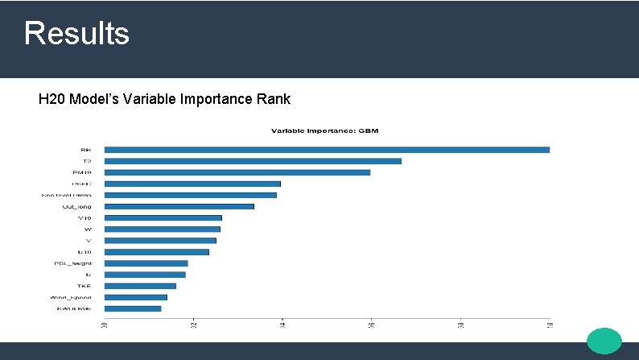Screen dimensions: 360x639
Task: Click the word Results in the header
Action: [76, 34]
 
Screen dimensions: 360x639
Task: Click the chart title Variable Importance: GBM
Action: [324, 130]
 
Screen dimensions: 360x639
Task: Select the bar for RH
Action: [327, 149]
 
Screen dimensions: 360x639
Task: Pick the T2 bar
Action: [253, 161]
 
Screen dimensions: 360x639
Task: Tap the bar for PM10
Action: [237, 172]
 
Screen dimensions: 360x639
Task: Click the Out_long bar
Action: [179, 206]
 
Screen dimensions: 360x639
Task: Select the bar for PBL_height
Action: [146, 263]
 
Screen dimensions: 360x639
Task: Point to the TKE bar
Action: [140, 286]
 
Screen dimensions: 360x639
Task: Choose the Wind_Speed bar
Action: [135, 297]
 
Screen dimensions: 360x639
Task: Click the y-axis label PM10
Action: [82, 172]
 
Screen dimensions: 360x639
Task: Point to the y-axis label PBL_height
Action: [73, 263]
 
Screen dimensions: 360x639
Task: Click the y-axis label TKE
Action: [85, 286]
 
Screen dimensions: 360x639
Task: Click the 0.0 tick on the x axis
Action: [105, 325]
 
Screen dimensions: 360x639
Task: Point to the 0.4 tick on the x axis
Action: [282, 325]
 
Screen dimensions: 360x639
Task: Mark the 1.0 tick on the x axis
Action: [549, 325]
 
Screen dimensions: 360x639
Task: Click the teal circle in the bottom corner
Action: [604, 341]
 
